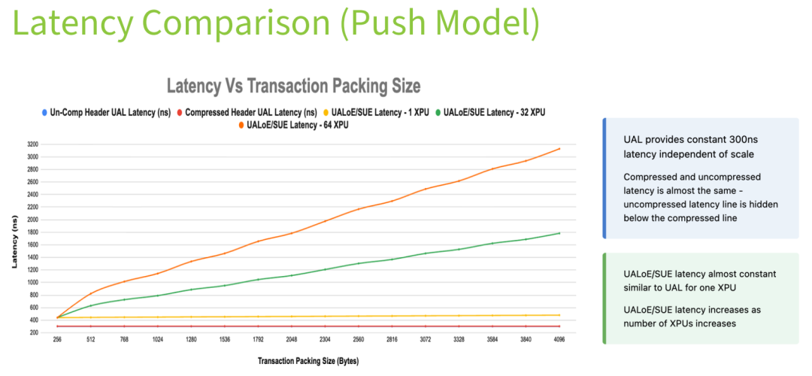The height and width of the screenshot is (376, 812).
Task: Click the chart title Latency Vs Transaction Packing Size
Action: pyautogui.click(x=292, y=84)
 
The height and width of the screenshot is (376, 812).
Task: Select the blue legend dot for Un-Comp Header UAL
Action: pyautogui.click(x=44, y=113)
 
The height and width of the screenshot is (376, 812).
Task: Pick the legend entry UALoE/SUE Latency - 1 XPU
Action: pyautogui.click(x=380, y=113)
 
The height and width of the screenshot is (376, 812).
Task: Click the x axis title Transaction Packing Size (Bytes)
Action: pyautogui.click(x=308, y=361)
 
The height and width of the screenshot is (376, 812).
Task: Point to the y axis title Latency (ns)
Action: pyautogui.click(x=14, y=241)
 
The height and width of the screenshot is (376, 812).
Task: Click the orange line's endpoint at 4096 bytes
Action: pyautogui.click(x=559, y=149)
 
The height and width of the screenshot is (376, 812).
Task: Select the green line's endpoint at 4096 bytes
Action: pyautogui.click(x=559, y=233)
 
